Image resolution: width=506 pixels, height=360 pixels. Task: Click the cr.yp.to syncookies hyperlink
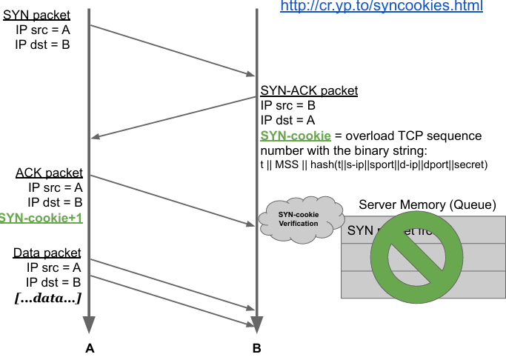pos(381,7)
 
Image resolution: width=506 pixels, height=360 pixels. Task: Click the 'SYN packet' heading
pos(36,15)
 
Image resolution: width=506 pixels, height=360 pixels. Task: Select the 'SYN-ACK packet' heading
pos(309,91)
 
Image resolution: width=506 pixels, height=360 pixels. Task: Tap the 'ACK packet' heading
pos(49,173)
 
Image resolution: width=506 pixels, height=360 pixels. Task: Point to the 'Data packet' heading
pos(47,253)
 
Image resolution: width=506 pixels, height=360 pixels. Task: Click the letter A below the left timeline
pos(90,347)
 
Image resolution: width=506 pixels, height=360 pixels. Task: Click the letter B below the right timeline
pos(256,347)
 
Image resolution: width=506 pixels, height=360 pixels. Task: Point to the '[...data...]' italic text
pos(48,298)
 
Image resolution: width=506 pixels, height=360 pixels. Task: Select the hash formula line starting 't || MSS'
pos(374,164)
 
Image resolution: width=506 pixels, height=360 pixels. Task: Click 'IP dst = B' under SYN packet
pos(42,44)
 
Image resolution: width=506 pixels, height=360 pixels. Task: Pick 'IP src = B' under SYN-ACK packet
pos(288,105)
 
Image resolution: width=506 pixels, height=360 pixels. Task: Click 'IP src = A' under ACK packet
pos(55,187)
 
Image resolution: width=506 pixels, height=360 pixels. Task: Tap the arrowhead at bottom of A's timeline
pos(90,324)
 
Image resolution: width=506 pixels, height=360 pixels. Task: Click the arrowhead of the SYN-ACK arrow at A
pos(96,136)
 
